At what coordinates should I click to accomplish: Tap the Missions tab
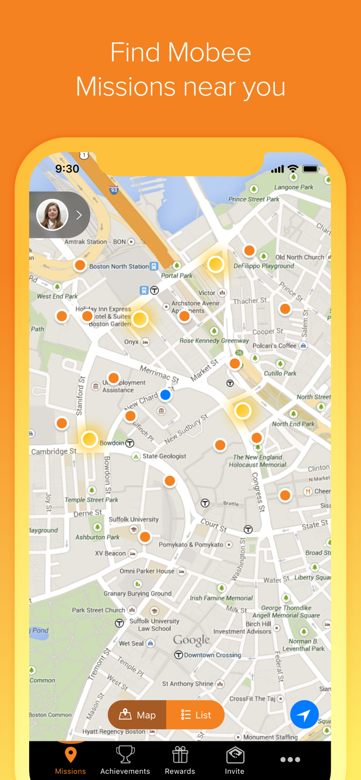tap(70, 760)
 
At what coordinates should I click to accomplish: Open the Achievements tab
tap(125, 760)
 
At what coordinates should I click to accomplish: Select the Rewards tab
tap(180, 760)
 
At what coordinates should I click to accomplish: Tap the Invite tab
tap(234, 760)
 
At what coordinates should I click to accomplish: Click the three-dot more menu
tap(290, 760)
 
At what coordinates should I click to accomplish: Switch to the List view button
tap(196, 715)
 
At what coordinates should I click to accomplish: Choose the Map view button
tap(138, 715)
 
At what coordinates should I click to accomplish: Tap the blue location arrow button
tap(304, 714)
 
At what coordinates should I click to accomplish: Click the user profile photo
tap(52, 215)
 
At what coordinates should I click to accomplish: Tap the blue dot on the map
tap(166, 395)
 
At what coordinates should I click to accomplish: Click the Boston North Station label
tap(119, 266)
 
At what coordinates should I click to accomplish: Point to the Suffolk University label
tap(133, 519)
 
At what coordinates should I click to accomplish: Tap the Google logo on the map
tap(192, 640)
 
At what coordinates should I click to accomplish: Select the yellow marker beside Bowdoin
tap(90, 439)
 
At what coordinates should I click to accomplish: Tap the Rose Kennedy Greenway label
tap(214, 341)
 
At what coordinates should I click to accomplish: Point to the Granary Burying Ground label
tap(138, 593)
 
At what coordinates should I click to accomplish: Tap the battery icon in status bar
tap(310, 169)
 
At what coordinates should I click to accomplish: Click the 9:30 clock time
tap(67, 168)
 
